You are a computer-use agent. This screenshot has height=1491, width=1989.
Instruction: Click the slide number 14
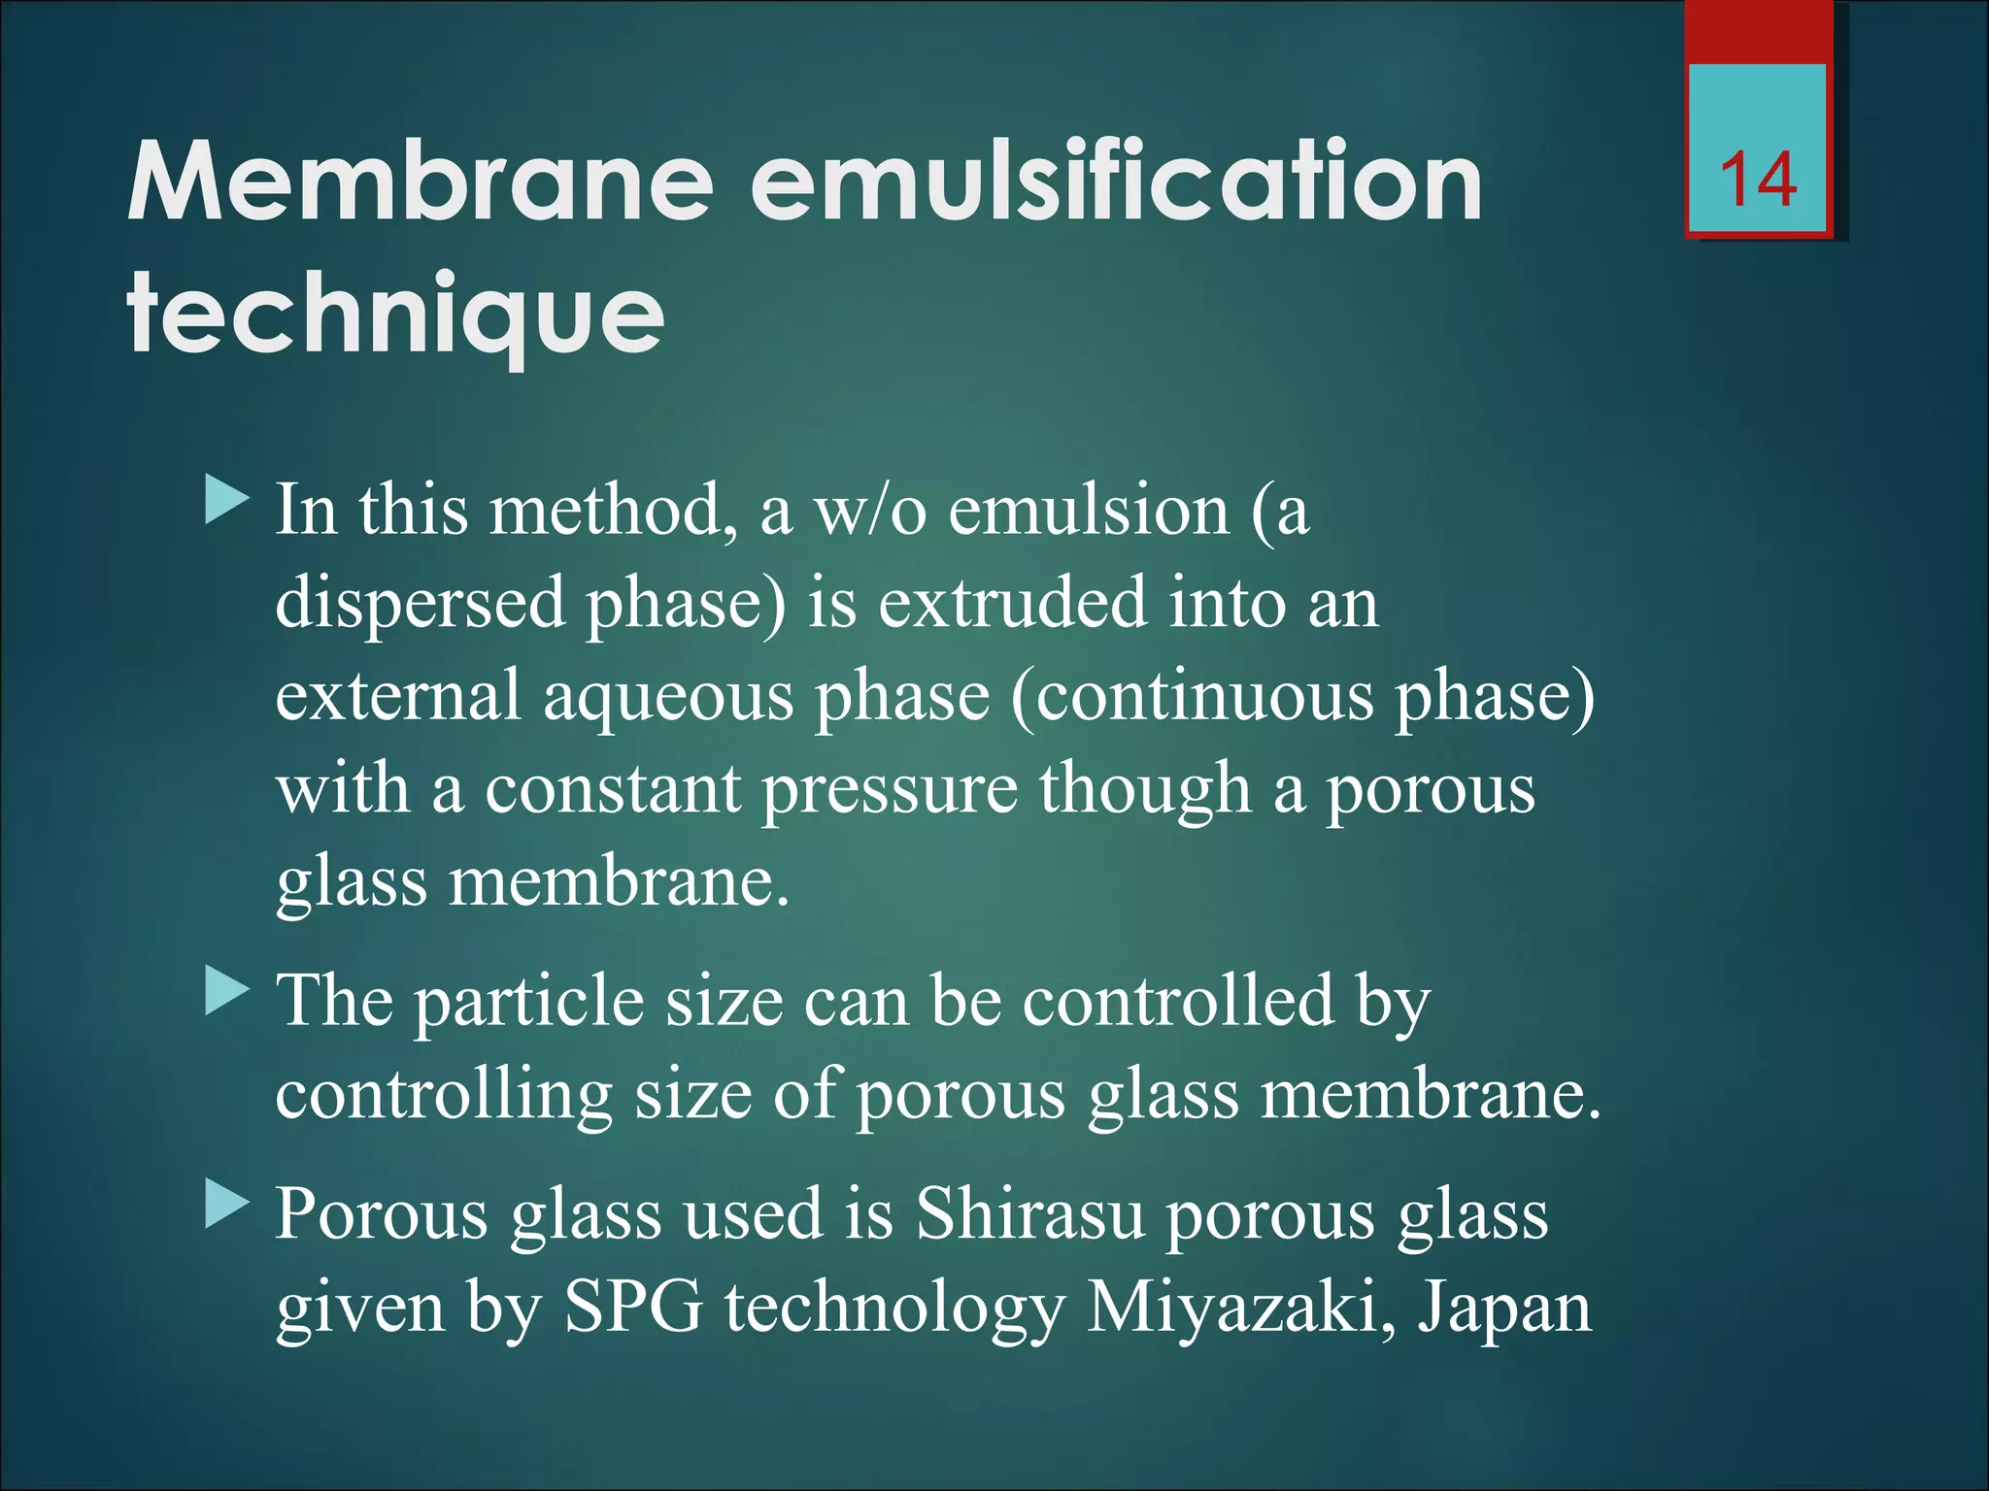click(x=1758, y=181)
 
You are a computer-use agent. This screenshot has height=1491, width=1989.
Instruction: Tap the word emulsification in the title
click(x=1117, y=182)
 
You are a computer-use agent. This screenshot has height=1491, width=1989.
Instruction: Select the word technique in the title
click(x=395, y=315)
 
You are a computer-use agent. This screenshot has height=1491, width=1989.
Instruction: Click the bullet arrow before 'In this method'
click(x=227, y=501)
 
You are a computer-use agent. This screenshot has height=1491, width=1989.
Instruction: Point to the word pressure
click(x=890, y=790)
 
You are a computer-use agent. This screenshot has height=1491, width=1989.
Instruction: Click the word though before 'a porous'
click(x=1145, y=788)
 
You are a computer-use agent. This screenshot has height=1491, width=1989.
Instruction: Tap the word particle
click(x=529, y=1002)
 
